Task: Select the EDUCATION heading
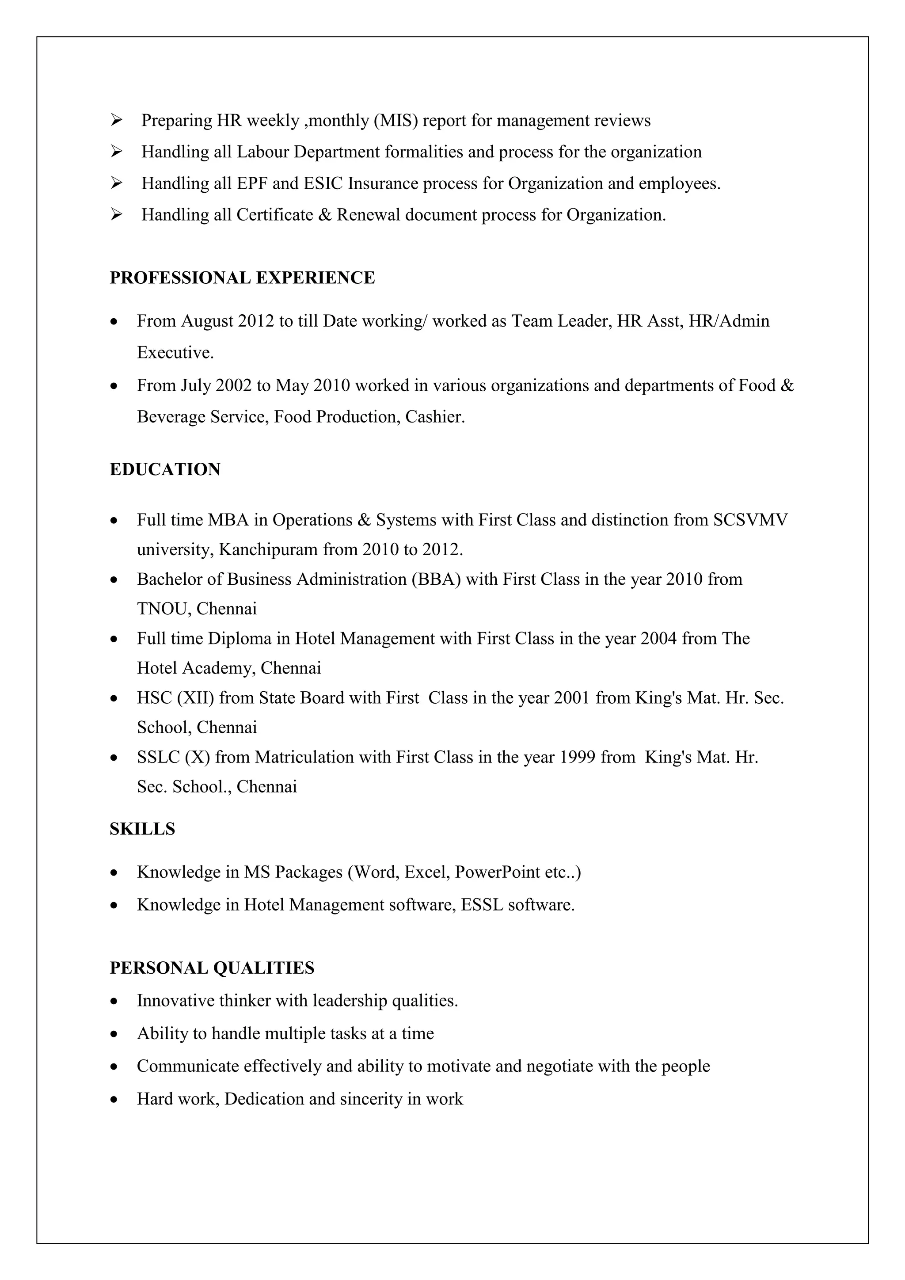(x=165, y=469)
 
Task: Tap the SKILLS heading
(x=142, y=829)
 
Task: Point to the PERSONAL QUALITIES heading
(x=212, y=968)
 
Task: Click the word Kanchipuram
(x=269, y=550)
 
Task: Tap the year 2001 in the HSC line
(x=572, y=698)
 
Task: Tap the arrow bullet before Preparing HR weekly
(x=117, y=120)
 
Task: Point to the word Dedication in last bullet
(x=264, y=1099)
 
